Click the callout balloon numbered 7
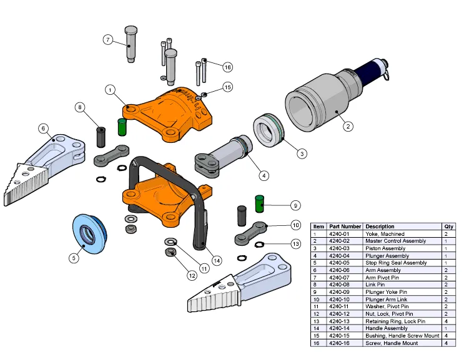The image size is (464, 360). click(108, 40)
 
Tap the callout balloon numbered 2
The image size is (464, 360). click(348, 125)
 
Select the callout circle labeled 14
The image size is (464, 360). click(216, 260)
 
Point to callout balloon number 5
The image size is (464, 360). click(74, 256)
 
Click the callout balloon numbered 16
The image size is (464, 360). click(227, 66)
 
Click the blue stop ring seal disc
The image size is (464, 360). click(87, 234)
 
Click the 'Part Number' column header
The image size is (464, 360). click(345, 226)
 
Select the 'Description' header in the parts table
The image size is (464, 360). click(380, 226)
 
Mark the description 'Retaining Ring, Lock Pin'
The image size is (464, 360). click(395, 321)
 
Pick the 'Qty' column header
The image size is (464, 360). click(448, 226)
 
